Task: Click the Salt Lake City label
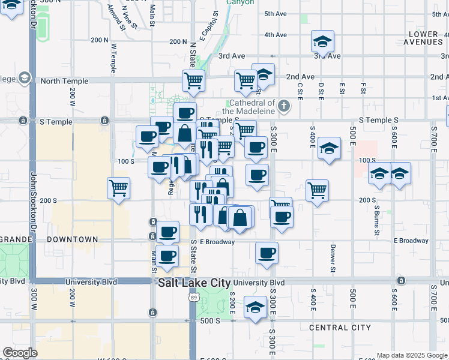(194, 283)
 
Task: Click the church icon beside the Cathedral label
(285, 107)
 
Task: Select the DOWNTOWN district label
(73, 239)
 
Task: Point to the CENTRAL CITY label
(340, 328)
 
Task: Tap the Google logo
(20, 352)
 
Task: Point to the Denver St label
(332, 258)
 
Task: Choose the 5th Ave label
(276, 13)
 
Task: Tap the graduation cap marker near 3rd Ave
(322, 42)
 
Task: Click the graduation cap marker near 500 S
(255, 308)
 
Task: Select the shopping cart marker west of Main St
(119, 188)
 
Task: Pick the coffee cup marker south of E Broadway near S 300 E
(267, 253)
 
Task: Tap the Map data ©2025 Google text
(411, 355)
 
